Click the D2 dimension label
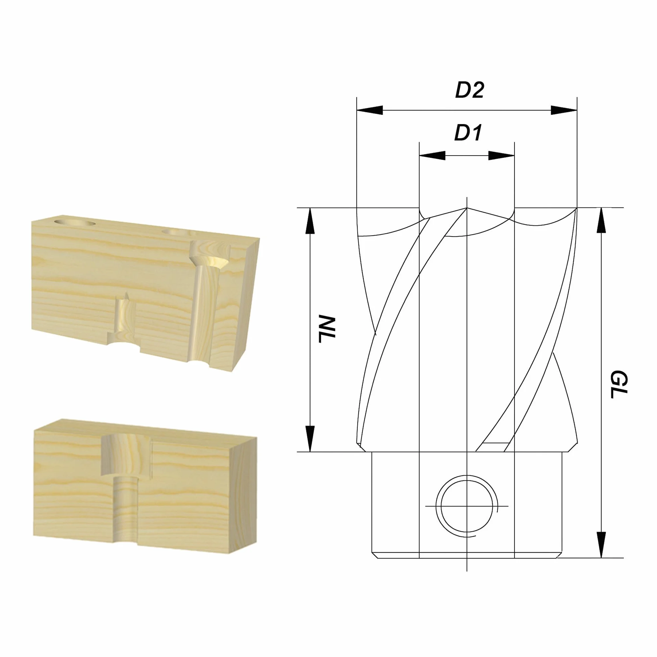[469, 90]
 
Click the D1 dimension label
[468, 133]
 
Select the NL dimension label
[327, 330]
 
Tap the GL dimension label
[618, 384]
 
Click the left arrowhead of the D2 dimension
[370, 110]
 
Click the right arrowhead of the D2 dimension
[564, 110]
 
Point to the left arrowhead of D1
[432, 156]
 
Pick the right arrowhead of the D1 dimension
[501, 156]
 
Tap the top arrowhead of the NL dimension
[310, 221]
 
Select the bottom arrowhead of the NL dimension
[310, 439]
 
